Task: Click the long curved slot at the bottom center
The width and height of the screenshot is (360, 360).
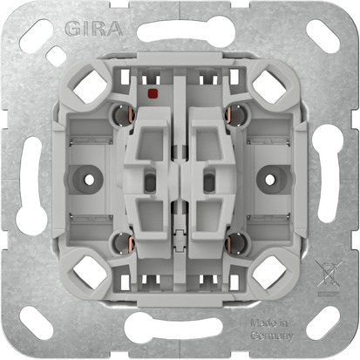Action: coord(179,329)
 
